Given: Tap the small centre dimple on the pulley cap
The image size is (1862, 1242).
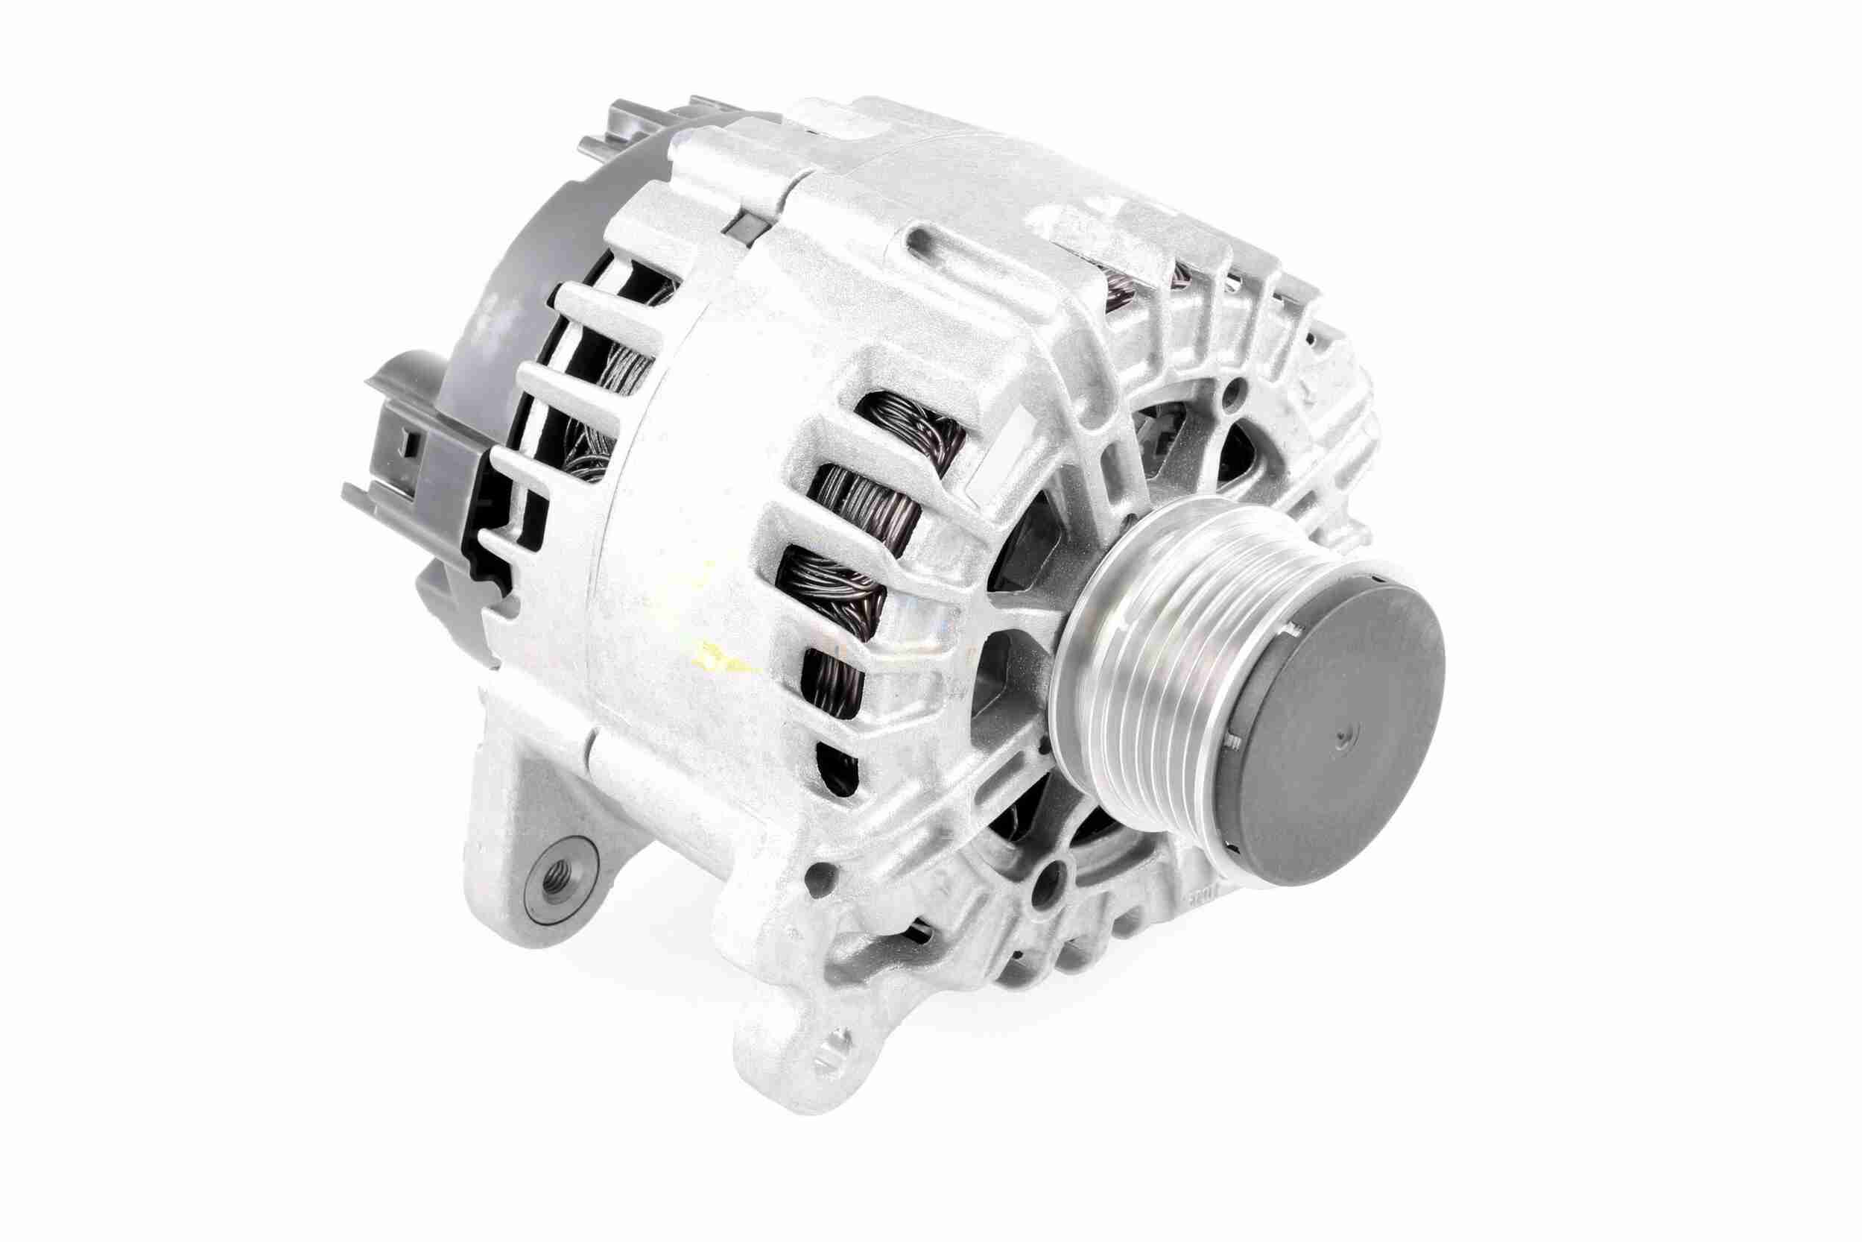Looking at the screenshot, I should click(x=1340, y=740).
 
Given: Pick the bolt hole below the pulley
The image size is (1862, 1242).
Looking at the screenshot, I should click(x=1049, y=876).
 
